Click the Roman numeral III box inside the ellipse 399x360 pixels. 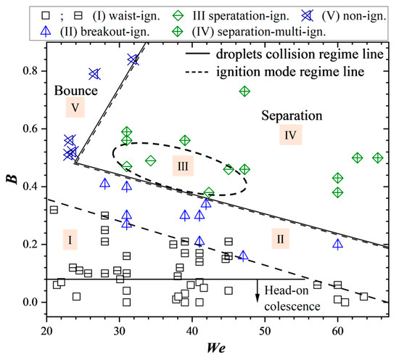182,166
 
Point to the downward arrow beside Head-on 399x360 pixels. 258,290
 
